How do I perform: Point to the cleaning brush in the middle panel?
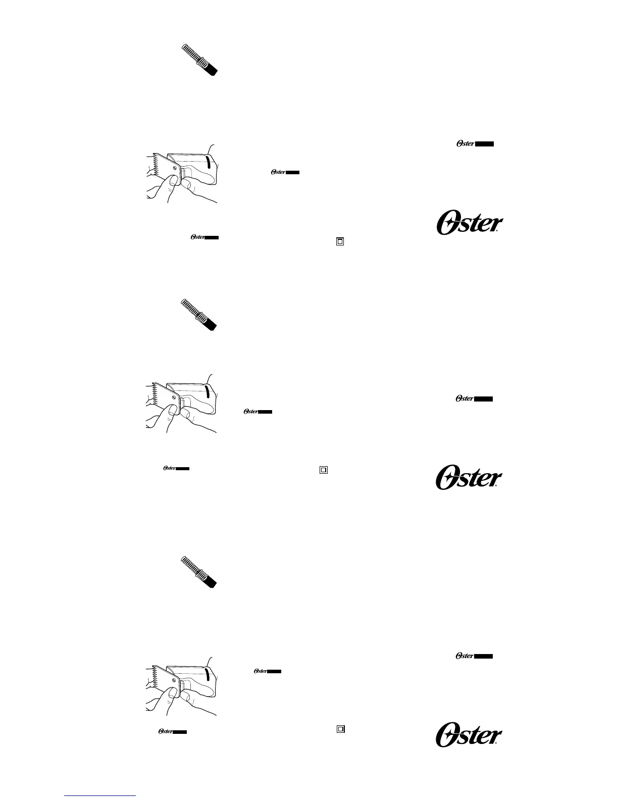coord(199,315)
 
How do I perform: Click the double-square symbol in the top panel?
coord(340,241)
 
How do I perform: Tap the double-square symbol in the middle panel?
coord(324,470)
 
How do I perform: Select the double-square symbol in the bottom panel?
coord(340,729)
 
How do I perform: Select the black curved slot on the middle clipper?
coord(208,391)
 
